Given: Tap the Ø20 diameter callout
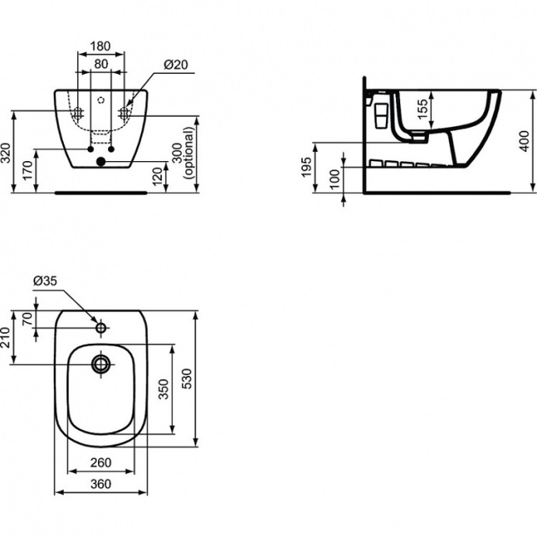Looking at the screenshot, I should click(175, 65).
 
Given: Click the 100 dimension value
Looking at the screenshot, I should click(335, 179).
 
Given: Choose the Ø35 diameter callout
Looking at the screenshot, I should click(45, 282).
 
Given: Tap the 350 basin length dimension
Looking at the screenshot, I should click(164, 389).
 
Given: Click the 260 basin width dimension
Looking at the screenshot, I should click(100, 462).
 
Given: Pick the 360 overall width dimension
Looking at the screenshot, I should click(100, 483).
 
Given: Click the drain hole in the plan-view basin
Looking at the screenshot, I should click(100, 362).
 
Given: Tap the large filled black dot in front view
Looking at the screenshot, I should click(100, 161).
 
